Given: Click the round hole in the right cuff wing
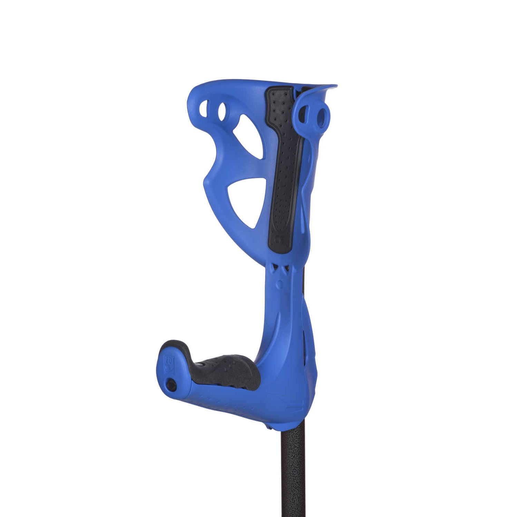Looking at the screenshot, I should point(322,118).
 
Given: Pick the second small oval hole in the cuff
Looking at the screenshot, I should point(222,111).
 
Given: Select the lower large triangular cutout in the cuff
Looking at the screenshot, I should point(247,200).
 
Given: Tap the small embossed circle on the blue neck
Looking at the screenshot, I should point(280,285).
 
